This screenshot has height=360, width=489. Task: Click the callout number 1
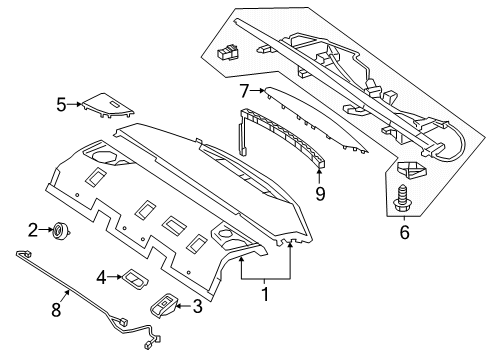(265, 294)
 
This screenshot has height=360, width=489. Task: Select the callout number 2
(33, 230)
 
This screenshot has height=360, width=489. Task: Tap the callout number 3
(198, 306)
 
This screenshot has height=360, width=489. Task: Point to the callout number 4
(102, 277)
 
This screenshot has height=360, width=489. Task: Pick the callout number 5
(61, 105)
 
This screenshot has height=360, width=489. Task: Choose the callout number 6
(404, 232)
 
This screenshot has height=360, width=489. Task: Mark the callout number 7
(245, 91)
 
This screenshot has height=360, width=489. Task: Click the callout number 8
(56, 310)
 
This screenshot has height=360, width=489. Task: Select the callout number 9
(320, 194)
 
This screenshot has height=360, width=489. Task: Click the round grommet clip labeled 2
(61, 230)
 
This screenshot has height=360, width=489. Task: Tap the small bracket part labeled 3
(163, 306)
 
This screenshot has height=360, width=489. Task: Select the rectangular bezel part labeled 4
(135, 278)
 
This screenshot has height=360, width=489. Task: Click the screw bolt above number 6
(402, 199)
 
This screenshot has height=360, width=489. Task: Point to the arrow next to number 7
(257, 90)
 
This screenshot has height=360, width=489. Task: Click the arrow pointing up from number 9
(319, 177)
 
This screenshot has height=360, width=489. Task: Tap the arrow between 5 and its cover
(74, 104)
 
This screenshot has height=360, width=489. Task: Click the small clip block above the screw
(412, 170)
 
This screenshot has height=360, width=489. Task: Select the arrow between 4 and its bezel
(115, 277)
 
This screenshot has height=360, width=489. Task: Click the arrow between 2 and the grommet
(46, 229)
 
